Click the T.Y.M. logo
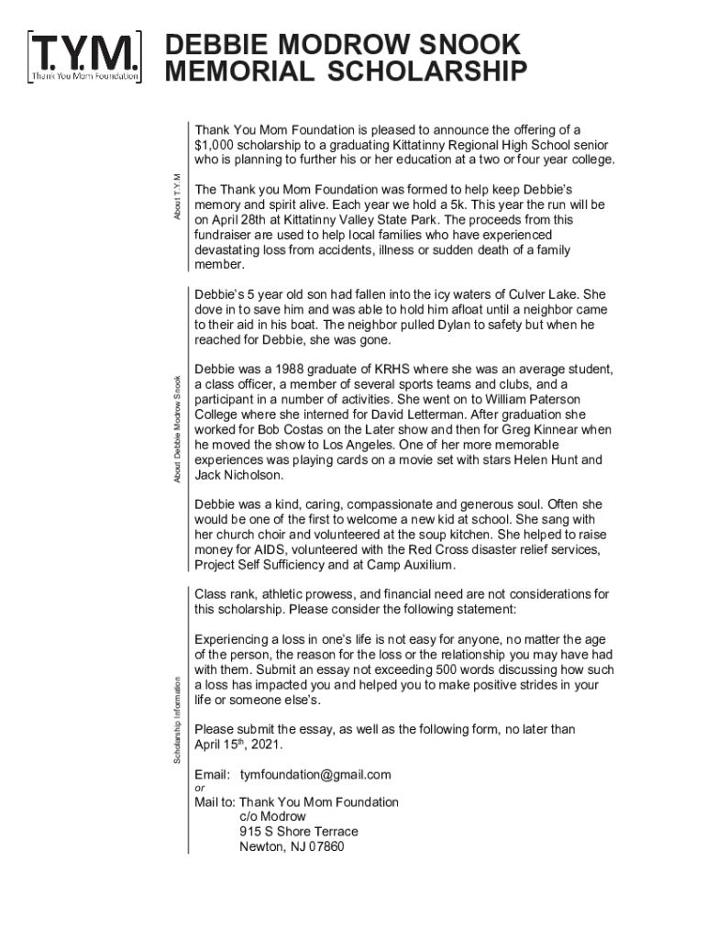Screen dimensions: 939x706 (85, 58)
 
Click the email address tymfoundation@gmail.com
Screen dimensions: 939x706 (315, 775)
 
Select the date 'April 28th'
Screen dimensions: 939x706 (243, 220)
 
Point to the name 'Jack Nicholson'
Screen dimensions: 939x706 (239, 475)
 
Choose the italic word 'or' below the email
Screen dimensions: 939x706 (200, 788)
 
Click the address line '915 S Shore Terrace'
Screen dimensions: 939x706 (299, 832)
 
